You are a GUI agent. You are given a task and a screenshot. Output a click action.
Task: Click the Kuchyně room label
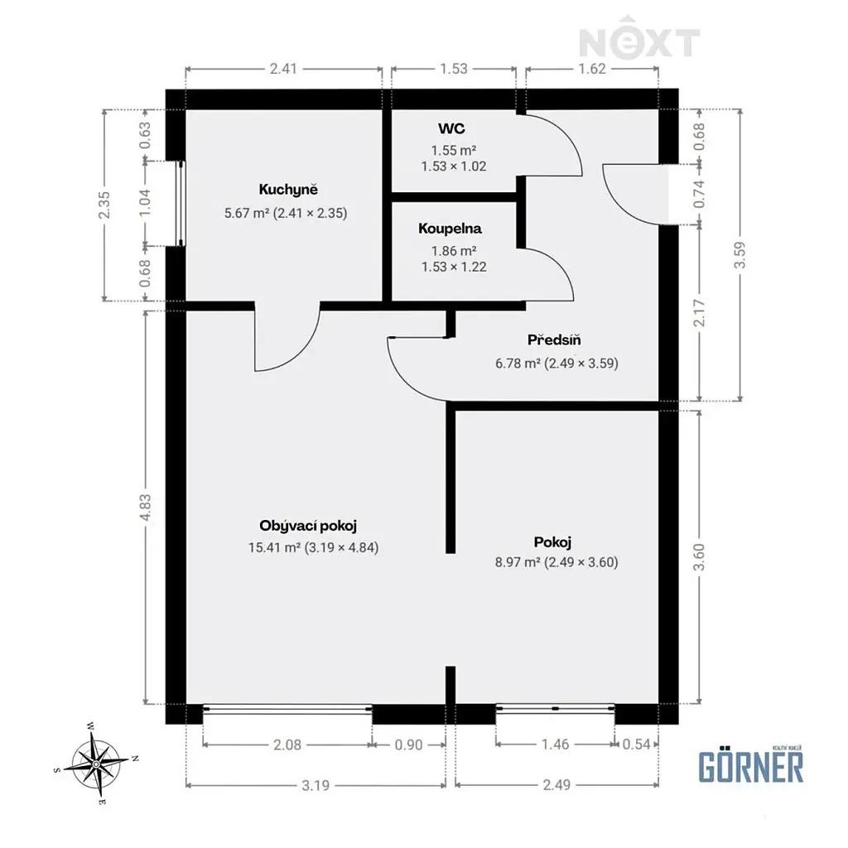pos(288,190)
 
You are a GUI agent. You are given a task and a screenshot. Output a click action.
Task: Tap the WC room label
pos(451,128)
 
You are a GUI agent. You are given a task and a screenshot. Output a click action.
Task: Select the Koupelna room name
pos(450,229)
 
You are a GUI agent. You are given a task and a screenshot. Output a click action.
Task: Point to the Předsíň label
pos(554,340)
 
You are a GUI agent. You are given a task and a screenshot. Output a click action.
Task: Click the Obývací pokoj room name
pos(308,526)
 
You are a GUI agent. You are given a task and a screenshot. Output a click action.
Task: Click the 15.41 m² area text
pos(274,547)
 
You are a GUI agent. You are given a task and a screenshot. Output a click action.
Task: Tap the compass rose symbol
pos(96,764)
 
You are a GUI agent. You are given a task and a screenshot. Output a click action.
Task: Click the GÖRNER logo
pos(750,764)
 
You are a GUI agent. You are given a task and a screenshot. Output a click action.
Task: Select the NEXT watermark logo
pos(640,38)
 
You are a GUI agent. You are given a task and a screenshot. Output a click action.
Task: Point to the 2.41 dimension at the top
pos(283,69)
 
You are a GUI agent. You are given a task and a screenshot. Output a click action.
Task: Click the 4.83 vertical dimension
pos(145,508)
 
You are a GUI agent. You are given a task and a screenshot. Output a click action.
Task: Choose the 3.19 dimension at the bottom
pos(316,785)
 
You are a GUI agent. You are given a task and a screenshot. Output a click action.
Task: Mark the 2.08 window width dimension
pos(287,744)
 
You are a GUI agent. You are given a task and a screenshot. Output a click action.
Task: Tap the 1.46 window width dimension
pos(556,744)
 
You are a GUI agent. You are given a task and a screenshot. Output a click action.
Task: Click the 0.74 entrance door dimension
pos(699,194)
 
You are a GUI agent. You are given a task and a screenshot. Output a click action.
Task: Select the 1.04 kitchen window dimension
pos(145,204)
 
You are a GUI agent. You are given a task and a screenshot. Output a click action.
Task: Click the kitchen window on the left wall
pos(181,204)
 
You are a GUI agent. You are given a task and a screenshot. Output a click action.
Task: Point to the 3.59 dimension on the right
pos(740,255)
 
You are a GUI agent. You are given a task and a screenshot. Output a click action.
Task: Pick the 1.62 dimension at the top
pos(591,69)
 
